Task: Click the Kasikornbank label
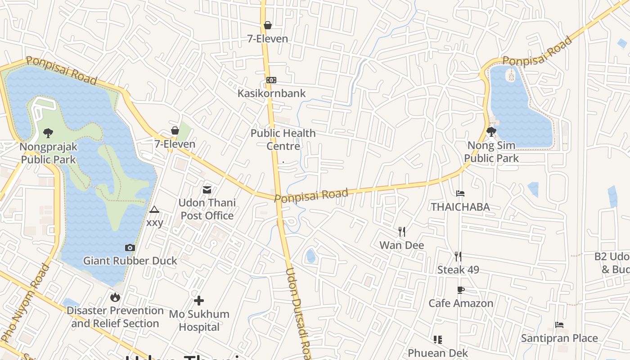pos(271,93)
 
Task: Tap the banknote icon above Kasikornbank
pos(271,80)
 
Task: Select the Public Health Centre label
pos(283,139)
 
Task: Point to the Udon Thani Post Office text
pos(207,209)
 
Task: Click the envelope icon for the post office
pos(207,190)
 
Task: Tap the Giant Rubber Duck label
pos(130,261)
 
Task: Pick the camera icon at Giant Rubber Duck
pos(130,247)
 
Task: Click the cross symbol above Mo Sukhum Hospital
pos(199,301)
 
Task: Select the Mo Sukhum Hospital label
pos(199,320)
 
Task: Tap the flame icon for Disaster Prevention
pos(115,297)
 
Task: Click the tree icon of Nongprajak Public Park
pos(48,133)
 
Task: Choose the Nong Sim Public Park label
pos(491,152)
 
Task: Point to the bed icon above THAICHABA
pos(460,193)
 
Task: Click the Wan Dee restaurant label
pos(402,245)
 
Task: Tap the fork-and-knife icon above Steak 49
pos(458,256)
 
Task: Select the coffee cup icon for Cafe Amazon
pos(460,290)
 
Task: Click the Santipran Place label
pos(559,338)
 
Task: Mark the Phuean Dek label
pos(438,353)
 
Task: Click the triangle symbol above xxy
pos(154,209)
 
